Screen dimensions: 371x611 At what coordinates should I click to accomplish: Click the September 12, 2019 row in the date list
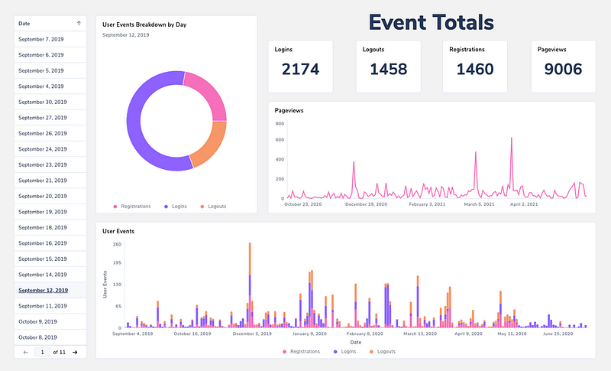tap(43, 290)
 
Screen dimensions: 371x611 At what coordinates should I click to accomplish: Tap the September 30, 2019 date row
tap(43, 102)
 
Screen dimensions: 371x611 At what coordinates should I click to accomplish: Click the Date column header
tap(24, 24)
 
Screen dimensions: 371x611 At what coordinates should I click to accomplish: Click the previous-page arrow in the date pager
tap(26, 352)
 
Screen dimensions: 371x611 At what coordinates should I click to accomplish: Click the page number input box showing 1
tap(42, 352)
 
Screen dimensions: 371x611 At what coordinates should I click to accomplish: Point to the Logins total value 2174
tap(300, 70)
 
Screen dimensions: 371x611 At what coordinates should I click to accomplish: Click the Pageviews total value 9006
tap(563, 70)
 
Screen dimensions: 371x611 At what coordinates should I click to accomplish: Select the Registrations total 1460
tap(475, 70)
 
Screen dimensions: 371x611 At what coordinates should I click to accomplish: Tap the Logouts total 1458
tap(388, 70)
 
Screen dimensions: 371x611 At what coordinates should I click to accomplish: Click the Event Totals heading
tap(431, 22)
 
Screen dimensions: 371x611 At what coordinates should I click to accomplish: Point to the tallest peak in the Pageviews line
tap(511, 138)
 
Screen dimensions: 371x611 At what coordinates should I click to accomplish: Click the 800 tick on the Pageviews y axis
tap(280, 140)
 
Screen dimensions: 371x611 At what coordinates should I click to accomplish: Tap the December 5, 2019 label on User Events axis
tap(252, 334)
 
